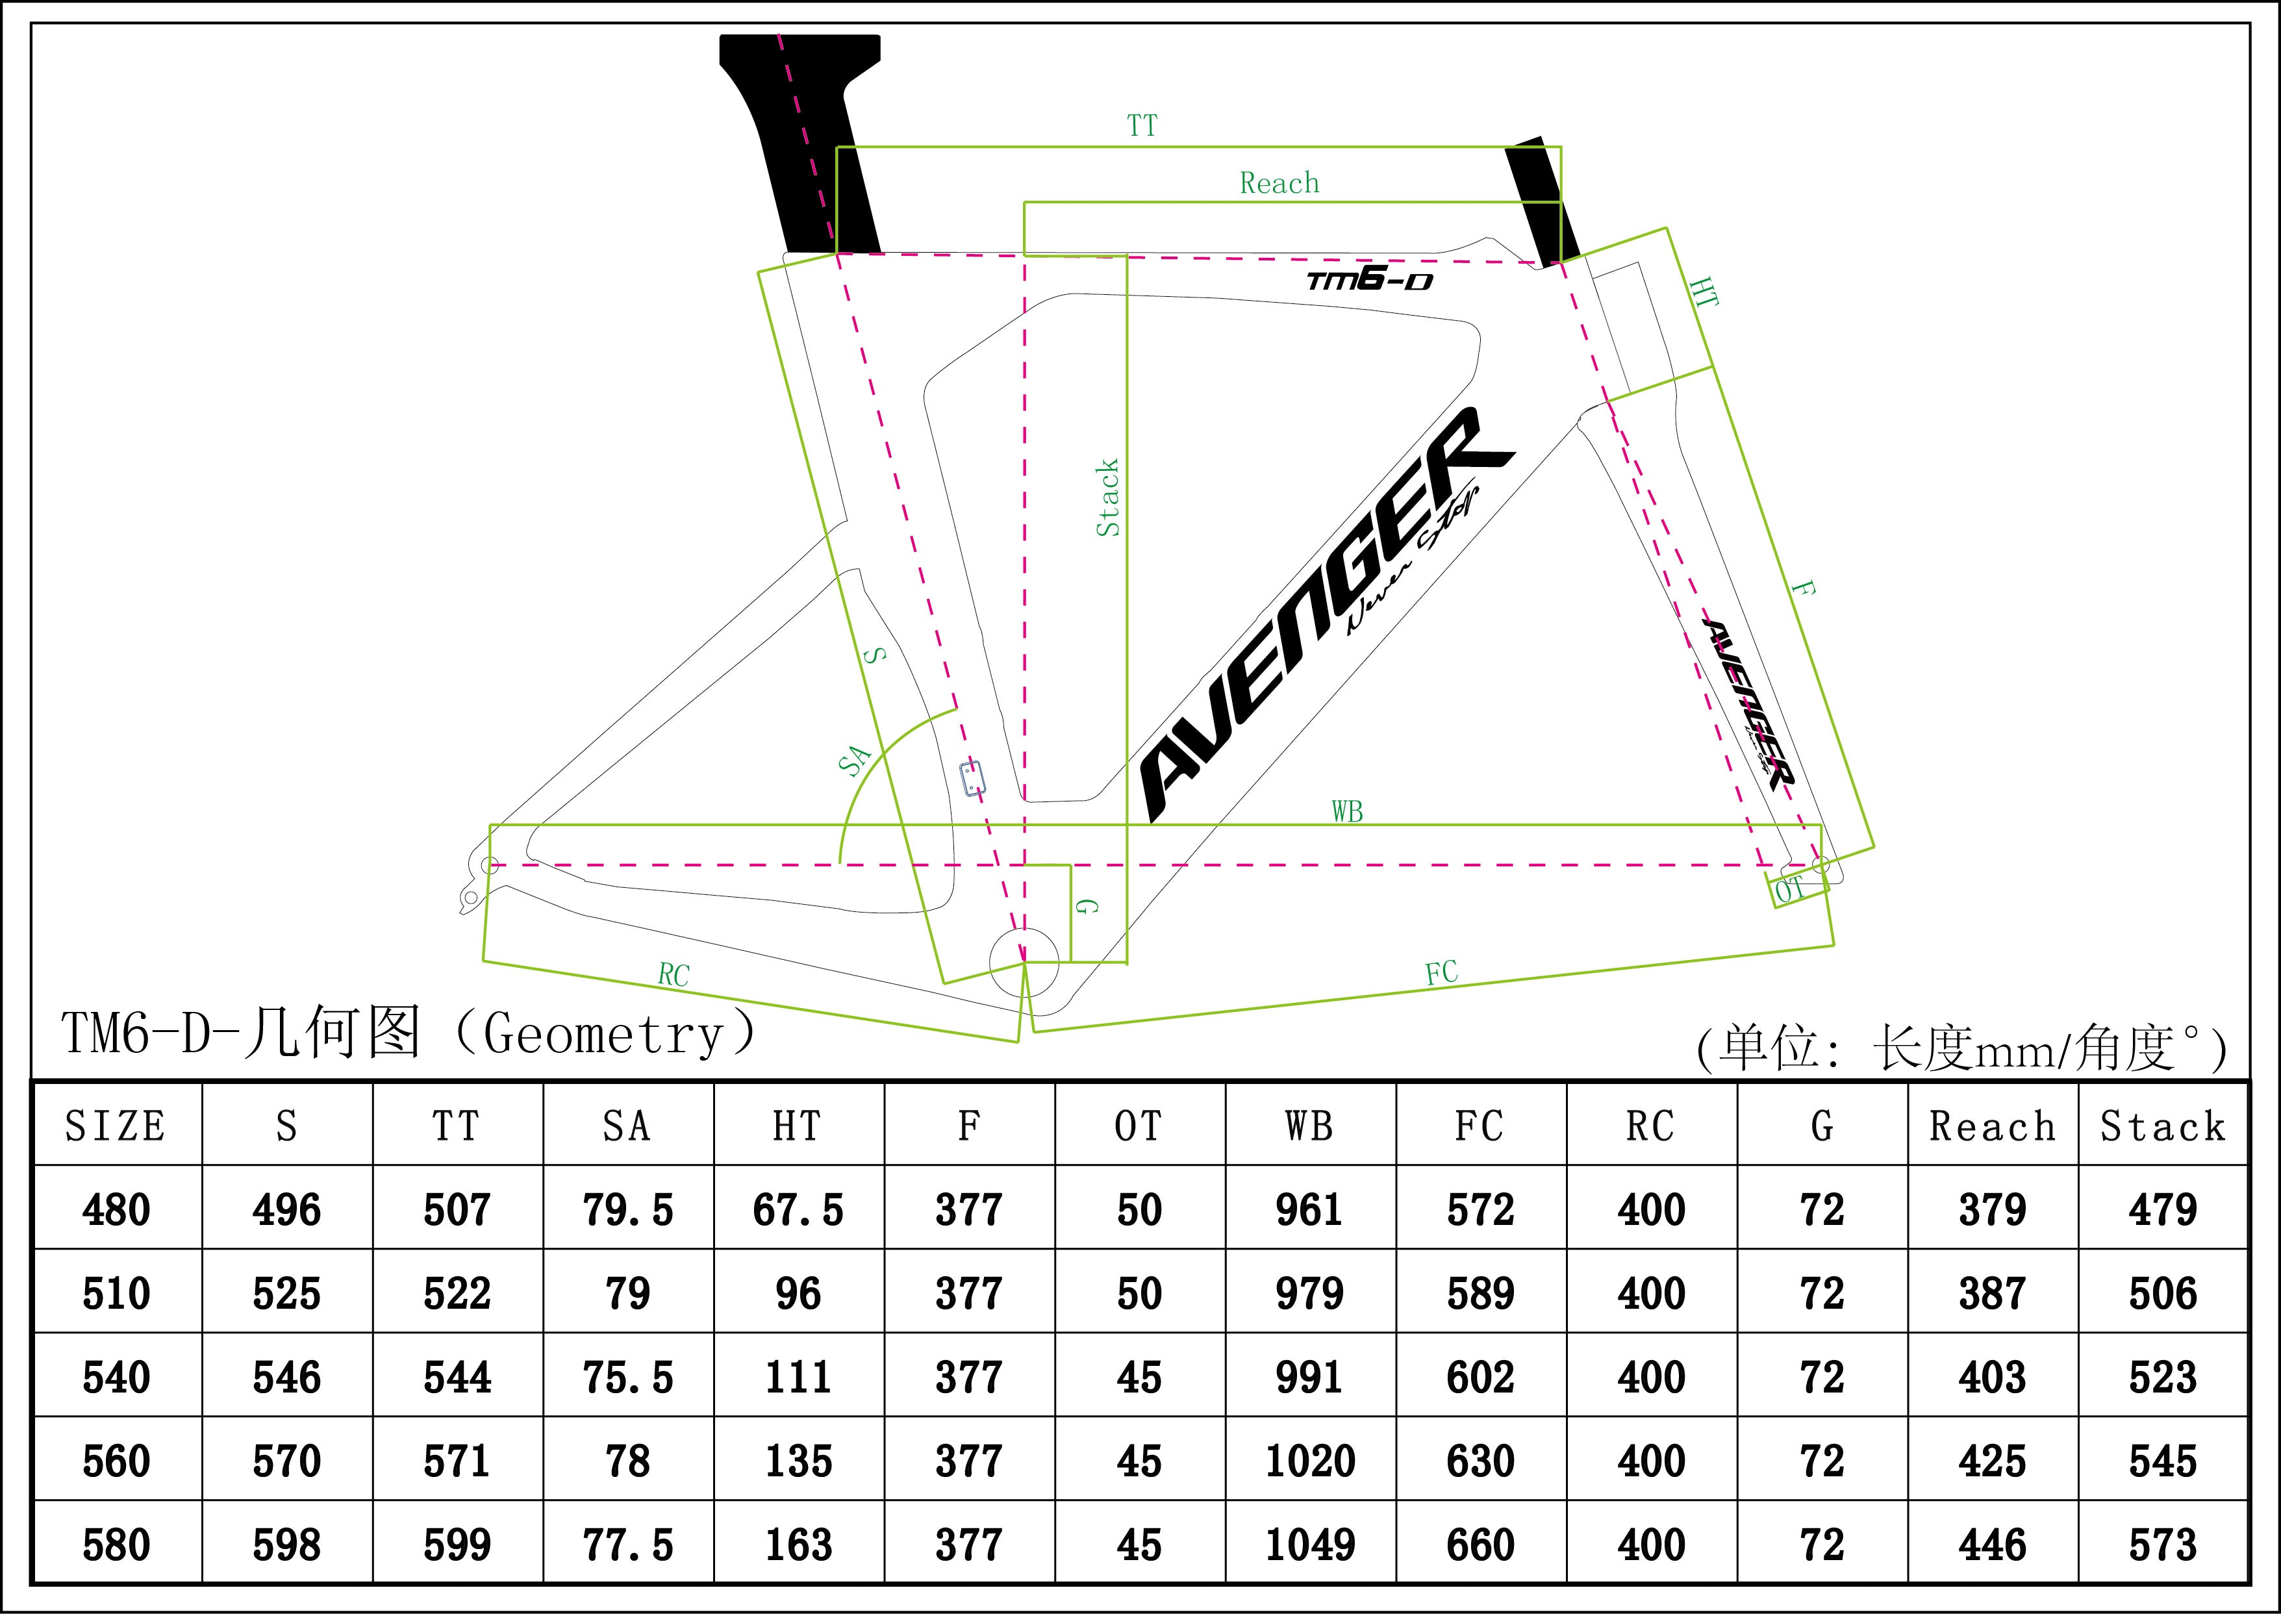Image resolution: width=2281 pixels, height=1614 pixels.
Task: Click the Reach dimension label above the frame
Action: coord(1279,183)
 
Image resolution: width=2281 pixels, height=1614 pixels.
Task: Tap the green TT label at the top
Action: coord(1142,126)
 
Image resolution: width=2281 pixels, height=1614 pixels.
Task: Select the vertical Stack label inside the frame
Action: coord(1107,498)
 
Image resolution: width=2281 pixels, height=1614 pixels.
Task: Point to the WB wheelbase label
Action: coord(1347,812)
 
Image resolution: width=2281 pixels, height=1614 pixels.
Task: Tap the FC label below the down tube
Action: coord(1441,973)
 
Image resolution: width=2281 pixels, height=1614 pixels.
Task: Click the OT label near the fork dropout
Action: coord(1789,890)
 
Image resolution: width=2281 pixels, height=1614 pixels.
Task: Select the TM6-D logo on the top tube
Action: coord(1370,281)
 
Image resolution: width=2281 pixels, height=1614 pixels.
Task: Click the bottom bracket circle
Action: coord(1024,962)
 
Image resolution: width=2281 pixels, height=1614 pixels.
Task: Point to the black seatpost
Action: coord(805,139)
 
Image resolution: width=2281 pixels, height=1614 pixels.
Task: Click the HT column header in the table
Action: coord(797,1127)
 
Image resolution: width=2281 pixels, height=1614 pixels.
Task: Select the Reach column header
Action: coord(1992,1127)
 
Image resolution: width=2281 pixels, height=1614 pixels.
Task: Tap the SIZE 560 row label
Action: coord(116,1461)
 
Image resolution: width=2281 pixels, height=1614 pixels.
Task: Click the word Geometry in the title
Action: coord(603,1035)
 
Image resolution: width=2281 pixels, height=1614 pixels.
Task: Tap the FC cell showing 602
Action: coord(1480,1378)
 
